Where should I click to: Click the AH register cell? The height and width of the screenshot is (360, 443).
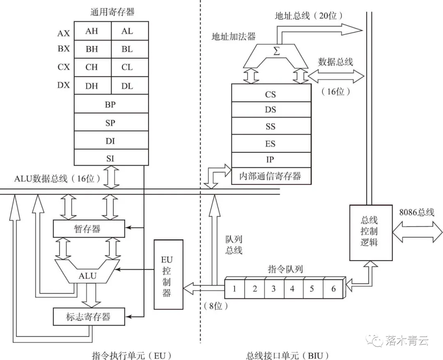pos(92,31)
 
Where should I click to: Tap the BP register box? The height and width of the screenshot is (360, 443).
pos(111,104)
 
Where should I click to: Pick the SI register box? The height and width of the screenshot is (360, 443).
pos(111,158)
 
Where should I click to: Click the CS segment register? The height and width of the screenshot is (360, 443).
pos(270,94)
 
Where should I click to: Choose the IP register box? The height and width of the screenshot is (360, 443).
pos(270,160)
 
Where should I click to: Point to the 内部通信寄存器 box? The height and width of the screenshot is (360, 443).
pos(270,176)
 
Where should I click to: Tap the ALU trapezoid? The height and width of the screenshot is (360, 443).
pos(88,275)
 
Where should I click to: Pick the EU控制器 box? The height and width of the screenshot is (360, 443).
pos(166,274)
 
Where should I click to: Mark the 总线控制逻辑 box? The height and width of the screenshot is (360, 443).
pos(369,232)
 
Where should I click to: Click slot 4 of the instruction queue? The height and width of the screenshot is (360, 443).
pos(292,289)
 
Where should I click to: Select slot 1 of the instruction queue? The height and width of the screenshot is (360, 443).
pos(235,289)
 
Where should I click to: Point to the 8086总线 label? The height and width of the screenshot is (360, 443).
pos(416,213)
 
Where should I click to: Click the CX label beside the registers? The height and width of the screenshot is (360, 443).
pos(64,67)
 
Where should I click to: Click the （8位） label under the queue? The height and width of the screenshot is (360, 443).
pos(215,305)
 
